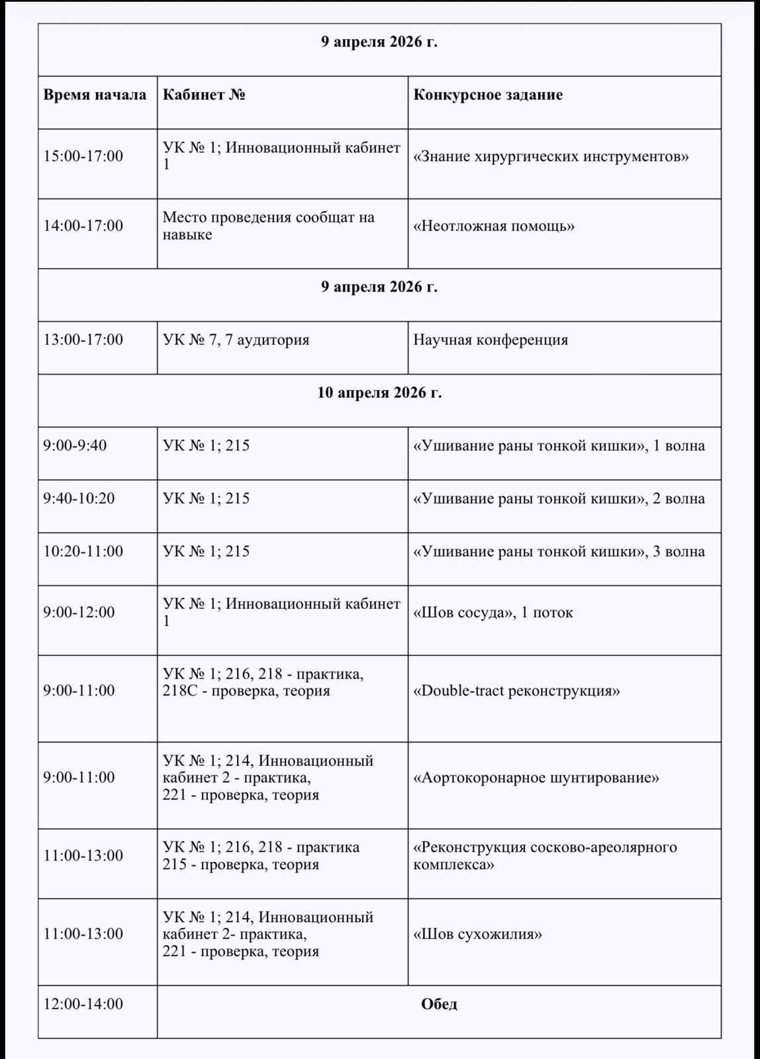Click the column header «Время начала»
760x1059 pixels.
coord(95,95)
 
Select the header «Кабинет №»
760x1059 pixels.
coord(204,95)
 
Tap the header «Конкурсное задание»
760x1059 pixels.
coord(488,95)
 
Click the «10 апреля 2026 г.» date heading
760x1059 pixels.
coord(379,392)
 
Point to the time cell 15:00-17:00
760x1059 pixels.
coord(83,156)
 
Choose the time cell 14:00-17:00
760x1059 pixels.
coord(83,226)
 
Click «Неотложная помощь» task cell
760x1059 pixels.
coord(494,226)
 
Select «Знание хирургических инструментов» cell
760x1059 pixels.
coord(551,157)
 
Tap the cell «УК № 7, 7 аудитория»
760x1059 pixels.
coord(236,340)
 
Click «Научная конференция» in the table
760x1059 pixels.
coord(491,340)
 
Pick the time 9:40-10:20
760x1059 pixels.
coord(79,498)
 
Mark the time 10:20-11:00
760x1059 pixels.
coord(83,551)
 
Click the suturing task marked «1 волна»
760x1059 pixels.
coord(559,445)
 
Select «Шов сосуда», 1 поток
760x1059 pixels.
coord(493,613)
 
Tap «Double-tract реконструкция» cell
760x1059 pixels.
coord(516,691)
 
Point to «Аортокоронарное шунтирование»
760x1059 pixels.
coord(536,778)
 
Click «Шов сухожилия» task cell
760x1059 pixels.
coord(477,935)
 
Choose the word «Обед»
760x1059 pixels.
coord(439,1004)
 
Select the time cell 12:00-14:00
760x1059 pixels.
coord(83,1004)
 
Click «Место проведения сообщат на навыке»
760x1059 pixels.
coord(268,226)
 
